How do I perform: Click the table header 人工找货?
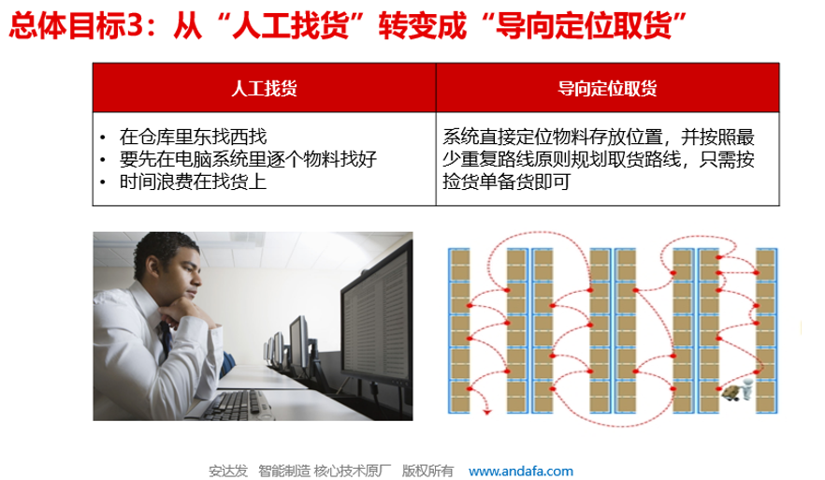264,88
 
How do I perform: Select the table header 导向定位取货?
607,88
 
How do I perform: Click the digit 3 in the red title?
135,25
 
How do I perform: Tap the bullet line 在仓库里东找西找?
193,137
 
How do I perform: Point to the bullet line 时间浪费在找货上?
193,182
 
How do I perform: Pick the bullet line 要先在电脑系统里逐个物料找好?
248,159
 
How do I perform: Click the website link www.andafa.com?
521,471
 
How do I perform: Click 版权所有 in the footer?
427,471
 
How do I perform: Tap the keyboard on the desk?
237,405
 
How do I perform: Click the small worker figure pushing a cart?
739,389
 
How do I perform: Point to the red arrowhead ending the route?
487,412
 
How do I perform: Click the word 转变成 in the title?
423,25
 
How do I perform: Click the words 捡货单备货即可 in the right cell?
506,182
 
